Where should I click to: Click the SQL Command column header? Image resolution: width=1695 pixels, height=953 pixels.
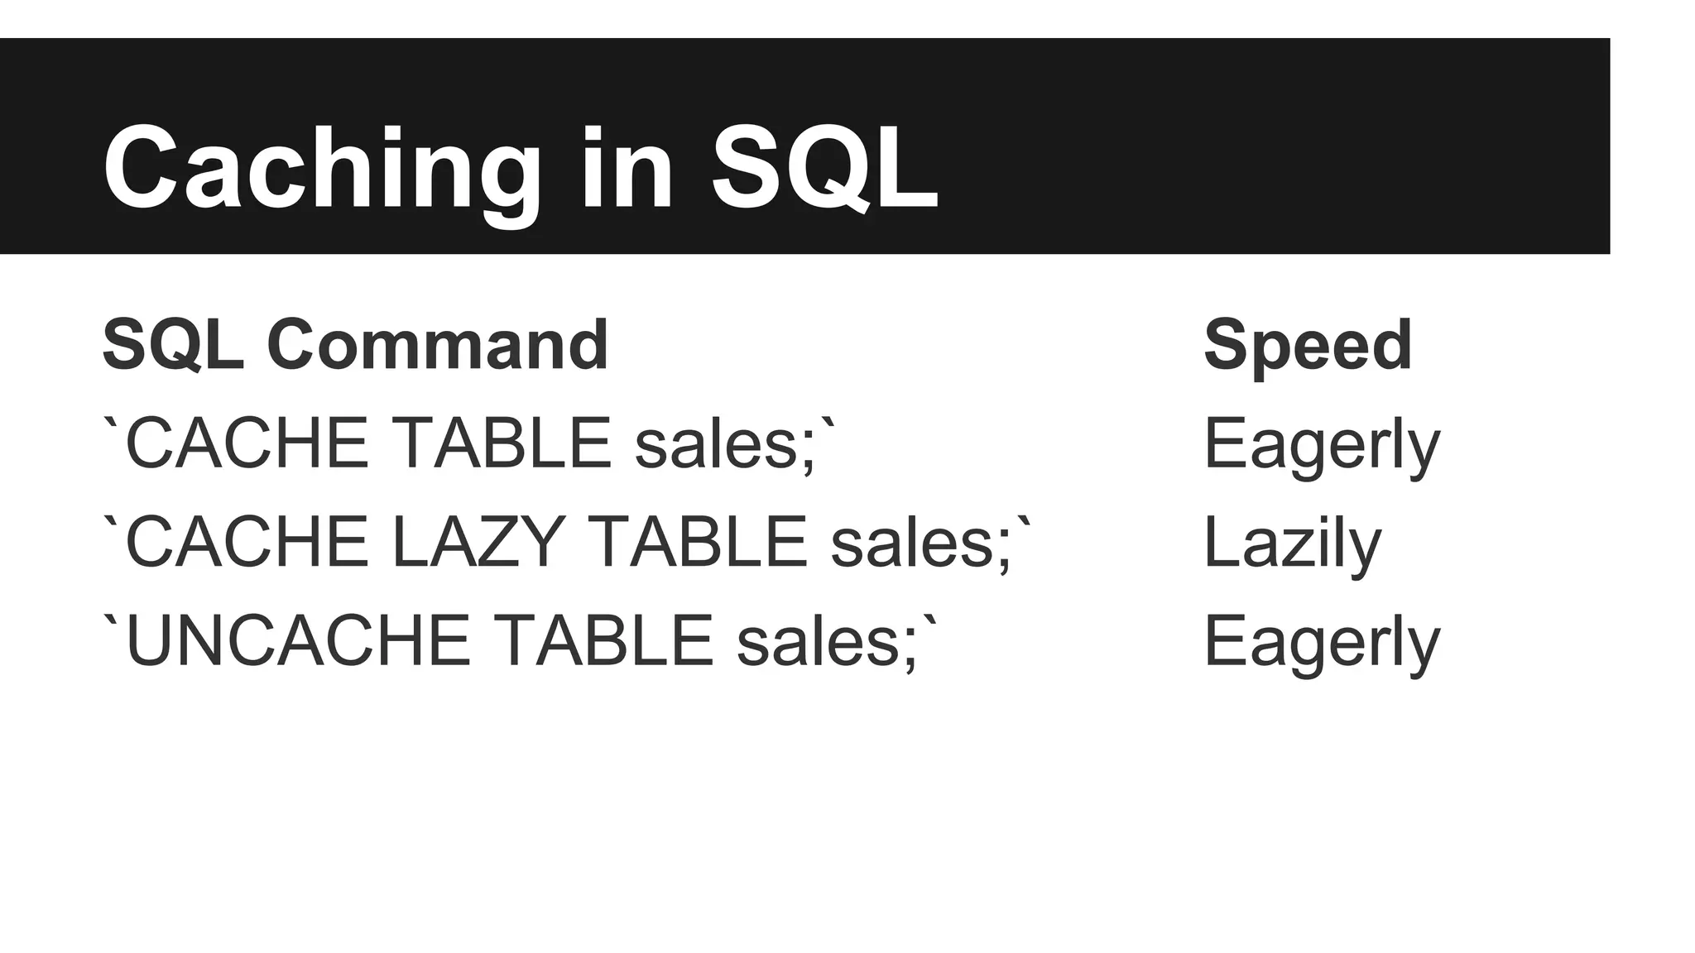click(355, 345)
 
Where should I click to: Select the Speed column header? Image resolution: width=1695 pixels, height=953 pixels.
click(1308, 345)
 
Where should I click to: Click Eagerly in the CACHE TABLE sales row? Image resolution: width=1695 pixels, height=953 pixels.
click(1322, 445)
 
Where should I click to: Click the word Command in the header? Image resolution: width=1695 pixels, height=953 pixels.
click(438, 345)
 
